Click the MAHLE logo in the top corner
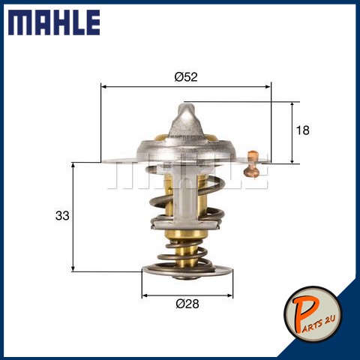tap(54, 22)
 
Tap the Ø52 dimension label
tap(186, 76)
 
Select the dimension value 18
tap(302, 130)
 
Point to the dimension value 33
tap(62, 215)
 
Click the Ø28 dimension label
tap(187, 304)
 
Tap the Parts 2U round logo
tap(313, 314)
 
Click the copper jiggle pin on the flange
tap(252, 163)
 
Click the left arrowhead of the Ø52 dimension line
tap(103, 87)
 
